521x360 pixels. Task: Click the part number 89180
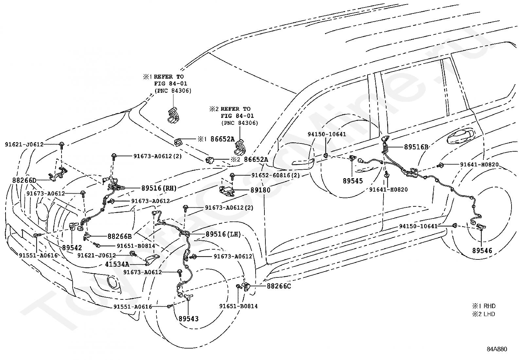click(x=260, y=190)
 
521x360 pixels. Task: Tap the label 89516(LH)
click(x=223, y=234)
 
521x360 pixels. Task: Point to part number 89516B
click(x=416, y=147)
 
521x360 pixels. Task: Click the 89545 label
click(x=353, y=181)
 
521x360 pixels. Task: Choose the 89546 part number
click(x=482, y=251)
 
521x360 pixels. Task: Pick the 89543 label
click(x=189, y=318)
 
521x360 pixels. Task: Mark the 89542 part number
click(x=72, y=248)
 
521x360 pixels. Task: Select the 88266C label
click(x=279, y=286)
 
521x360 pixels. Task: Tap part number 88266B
click(x=119, y=236)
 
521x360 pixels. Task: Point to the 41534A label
click(x=117, y=264)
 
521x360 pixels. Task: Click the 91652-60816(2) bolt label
click(x=276, y=176)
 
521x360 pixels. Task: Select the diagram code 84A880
click(x=496, y=349)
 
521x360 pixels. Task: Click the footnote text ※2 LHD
click(x=483, y=314)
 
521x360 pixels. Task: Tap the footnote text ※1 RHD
click(x=483, y=306)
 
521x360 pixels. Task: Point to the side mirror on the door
click(x=303, y=161)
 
